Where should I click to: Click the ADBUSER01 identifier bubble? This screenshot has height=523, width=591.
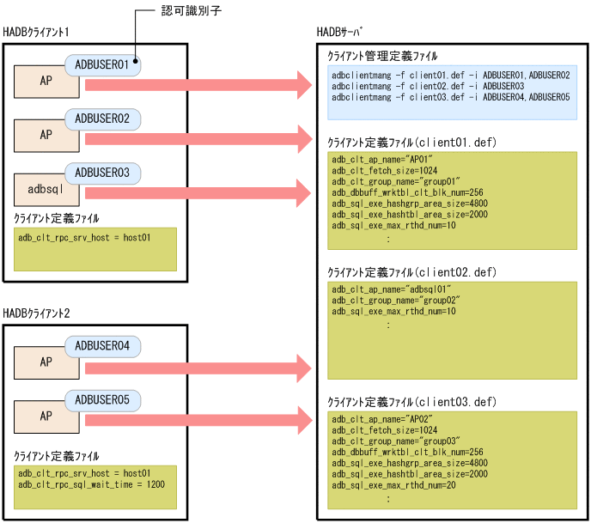click(x=102, y=64)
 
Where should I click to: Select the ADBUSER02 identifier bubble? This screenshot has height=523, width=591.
click(x=102, y=118)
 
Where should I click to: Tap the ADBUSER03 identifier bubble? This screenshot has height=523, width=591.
click(x=102, y=173)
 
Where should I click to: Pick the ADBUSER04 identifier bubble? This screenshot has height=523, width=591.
click(x=102, y=346)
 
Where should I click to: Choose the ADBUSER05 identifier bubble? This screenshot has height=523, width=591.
click(x=102, y=399)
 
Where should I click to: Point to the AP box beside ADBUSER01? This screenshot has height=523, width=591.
click(x=45, y=81)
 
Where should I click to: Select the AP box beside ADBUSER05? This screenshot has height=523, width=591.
click(x=45, y=417)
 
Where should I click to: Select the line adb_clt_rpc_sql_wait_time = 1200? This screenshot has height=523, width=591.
click(x=91, y=484)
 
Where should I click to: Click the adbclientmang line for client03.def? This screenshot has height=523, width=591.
click(x=450, y=98)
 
